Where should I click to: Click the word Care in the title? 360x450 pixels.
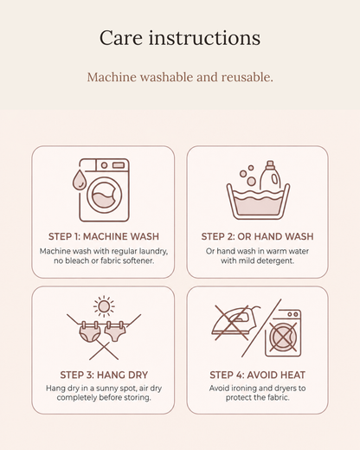coord(121,38)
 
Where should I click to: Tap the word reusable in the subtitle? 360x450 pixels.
coord(247,77)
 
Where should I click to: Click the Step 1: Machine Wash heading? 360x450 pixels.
coord(104,236)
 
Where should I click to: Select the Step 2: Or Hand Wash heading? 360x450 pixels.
coord(257,236)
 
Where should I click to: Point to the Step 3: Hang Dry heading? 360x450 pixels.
coord(104,375)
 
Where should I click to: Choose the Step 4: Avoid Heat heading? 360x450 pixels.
coord(257,375)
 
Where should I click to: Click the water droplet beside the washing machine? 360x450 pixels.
coord(79,180)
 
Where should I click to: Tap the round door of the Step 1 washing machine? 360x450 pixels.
coord(105,196)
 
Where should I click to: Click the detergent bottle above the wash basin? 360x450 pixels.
coord(270,176)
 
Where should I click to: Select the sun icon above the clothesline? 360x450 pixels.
coord(104,306)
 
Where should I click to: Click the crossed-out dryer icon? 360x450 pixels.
coord(283,333)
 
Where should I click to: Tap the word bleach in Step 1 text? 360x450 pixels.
coord(76,260)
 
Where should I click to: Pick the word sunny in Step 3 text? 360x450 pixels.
coord(106,389)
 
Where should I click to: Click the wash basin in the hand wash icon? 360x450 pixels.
coord(258,202)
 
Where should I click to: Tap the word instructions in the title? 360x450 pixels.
coord(204,38)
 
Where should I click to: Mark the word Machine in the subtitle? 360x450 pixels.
coord(112,77)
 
